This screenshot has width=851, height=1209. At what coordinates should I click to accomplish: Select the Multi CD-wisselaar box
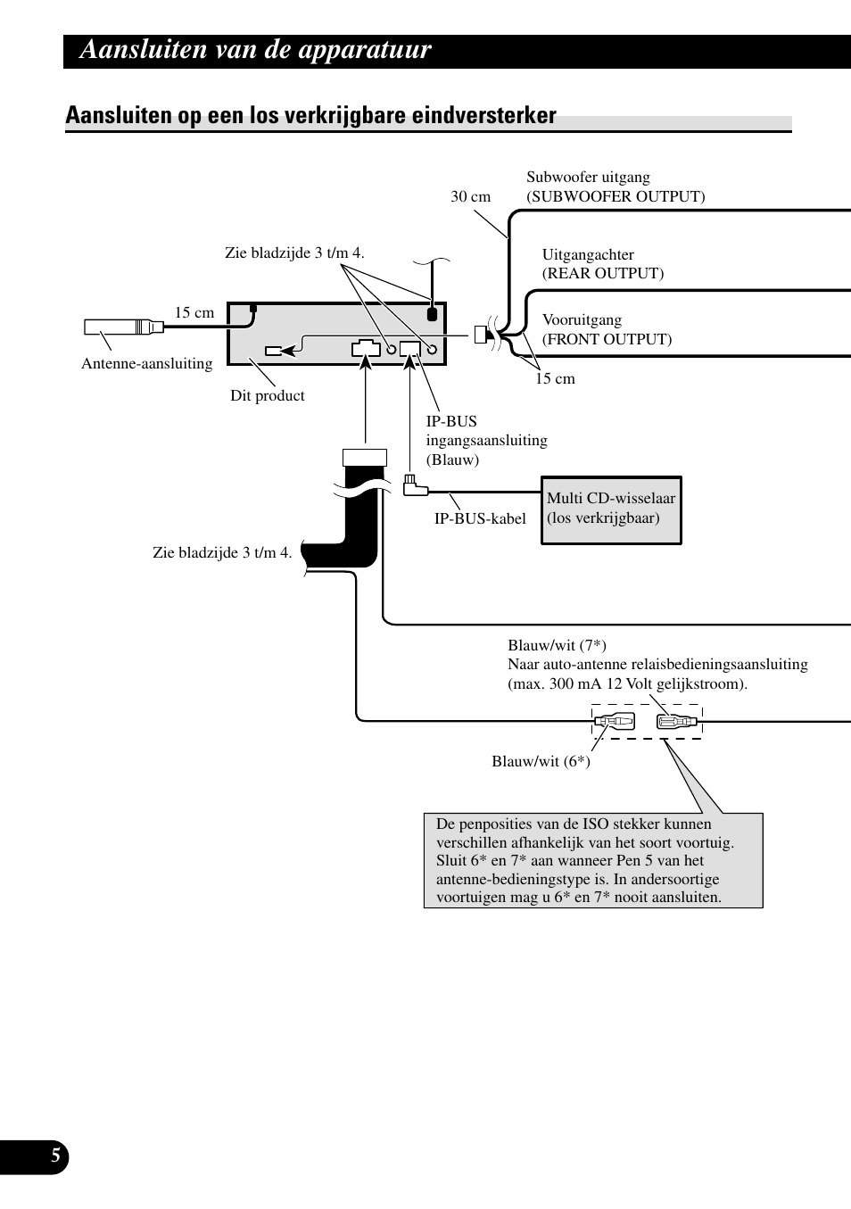[x=611, y=509]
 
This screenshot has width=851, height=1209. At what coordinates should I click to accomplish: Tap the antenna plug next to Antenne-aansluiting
[x=124, y=327]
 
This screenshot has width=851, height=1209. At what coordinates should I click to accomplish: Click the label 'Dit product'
[x=267, y=395]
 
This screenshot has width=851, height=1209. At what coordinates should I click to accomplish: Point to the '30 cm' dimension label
[x=470, y=196]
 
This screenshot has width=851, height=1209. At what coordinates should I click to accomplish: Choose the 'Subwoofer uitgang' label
[x=588, y=177]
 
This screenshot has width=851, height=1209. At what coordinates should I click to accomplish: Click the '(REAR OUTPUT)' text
[x=603, y=273]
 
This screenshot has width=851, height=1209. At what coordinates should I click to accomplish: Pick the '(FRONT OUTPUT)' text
[x=607, y=339]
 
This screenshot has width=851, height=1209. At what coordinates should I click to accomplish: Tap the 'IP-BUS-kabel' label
[x=480, y=518]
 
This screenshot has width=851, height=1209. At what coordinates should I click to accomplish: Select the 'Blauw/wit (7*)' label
[x=557, y=645]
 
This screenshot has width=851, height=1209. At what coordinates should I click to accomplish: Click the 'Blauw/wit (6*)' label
[x=541, y=761]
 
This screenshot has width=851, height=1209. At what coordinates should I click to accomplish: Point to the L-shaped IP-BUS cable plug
[x=414, y=486]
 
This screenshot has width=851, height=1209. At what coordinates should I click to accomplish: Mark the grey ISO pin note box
[x=593, y=860]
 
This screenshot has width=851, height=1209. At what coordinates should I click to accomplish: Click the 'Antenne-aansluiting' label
[x=146, y=363]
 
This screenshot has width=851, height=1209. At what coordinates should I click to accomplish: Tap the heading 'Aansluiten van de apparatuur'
[x=255, y=50]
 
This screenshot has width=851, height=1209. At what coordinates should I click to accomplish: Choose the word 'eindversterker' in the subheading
[x=483, y=115]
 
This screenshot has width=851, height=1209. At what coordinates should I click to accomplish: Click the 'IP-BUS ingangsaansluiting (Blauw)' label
[x=486, y=440]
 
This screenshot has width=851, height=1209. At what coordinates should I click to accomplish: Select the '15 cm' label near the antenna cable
[x=194, y=312]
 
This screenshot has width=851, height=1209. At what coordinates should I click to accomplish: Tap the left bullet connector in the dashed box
[x=615, y=720]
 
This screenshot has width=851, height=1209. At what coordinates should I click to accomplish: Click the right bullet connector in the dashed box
[x=677, y=721]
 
